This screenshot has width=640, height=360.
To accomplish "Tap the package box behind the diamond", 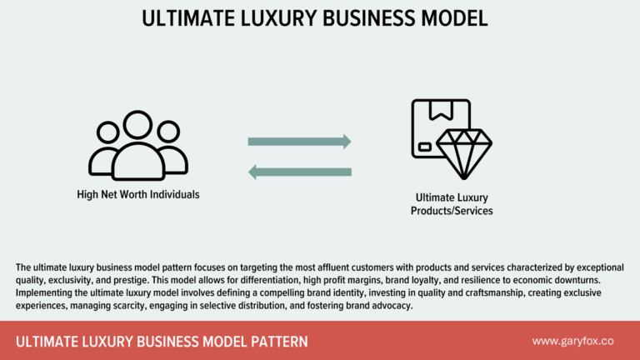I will coord(435,125).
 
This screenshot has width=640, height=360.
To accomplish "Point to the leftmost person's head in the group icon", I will coord(107,132).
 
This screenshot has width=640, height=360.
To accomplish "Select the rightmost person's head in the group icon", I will coord(167,132).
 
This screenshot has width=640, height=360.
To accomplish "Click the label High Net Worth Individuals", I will coord(137,195).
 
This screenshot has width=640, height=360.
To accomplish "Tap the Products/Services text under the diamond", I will coord(452,211).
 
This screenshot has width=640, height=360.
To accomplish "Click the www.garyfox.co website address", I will coord(573,342).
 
